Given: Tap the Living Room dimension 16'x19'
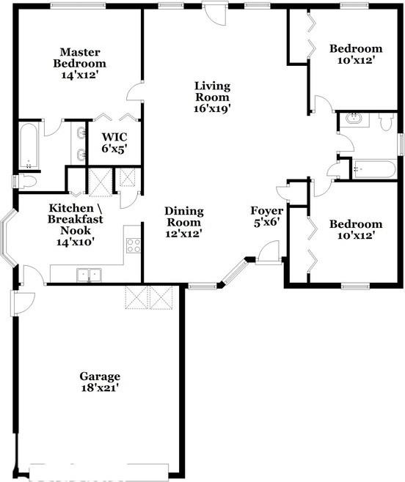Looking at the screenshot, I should (212, 108).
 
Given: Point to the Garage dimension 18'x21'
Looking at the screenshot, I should (101, 388).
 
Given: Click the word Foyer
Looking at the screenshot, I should (266, 211).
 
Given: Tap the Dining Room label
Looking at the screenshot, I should (184, 217).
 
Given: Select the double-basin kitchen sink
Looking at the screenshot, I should (90, 275).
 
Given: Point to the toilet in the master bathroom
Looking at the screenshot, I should (26, 181).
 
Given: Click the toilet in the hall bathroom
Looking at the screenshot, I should (387, 121).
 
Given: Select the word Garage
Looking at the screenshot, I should (101, 377).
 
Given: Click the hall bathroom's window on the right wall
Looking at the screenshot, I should (400, 144).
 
